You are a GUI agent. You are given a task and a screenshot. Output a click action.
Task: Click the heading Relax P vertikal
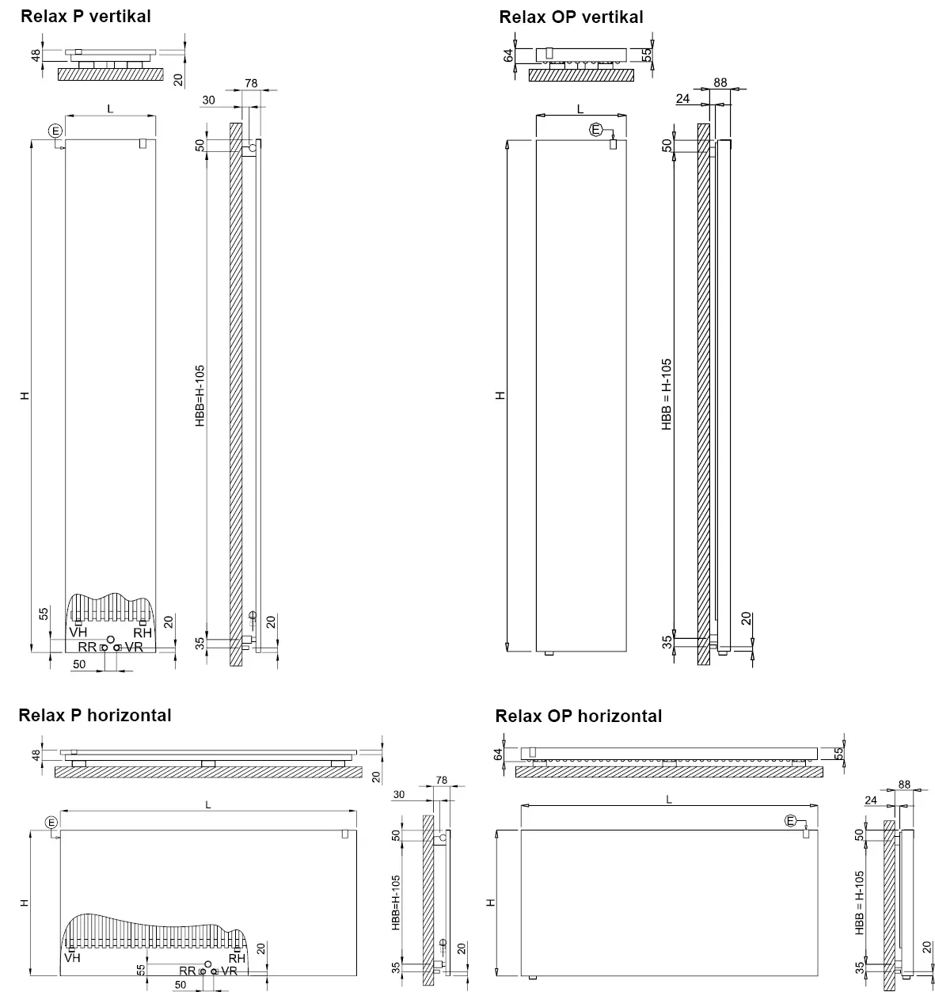pos(86,17)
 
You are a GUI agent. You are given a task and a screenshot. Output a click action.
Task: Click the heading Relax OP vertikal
pos(571,17)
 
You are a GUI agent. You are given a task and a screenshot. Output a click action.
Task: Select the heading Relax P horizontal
pos(95,715)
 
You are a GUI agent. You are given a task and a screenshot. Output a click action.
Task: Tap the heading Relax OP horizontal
pos(578,716)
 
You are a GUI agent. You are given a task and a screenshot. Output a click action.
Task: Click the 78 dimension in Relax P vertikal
pos(252,83)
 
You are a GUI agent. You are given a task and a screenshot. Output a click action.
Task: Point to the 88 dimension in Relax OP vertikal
pos(720,82)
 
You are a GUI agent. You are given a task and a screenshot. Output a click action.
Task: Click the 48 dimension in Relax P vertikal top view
pos(36,55)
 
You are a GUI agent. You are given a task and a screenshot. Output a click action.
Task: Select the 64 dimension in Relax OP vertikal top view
pos(508,55)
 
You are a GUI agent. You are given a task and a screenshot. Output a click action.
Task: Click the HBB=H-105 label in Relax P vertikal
pos(200,396)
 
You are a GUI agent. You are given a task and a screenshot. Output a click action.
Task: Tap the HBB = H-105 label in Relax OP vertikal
pos(667,394)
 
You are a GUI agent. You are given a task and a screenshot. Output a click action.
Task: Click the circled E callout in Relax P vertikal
pos(55,131)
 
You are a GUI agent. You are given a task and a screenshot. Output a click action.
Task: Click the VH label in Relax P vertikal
pos(78,633)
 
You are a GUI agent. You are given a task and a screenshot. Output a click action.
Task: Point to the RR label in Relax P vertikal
pos(87,648)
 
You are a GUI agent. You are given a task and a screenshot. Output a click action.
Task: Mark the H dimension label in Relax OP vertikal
pos(500,396)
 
